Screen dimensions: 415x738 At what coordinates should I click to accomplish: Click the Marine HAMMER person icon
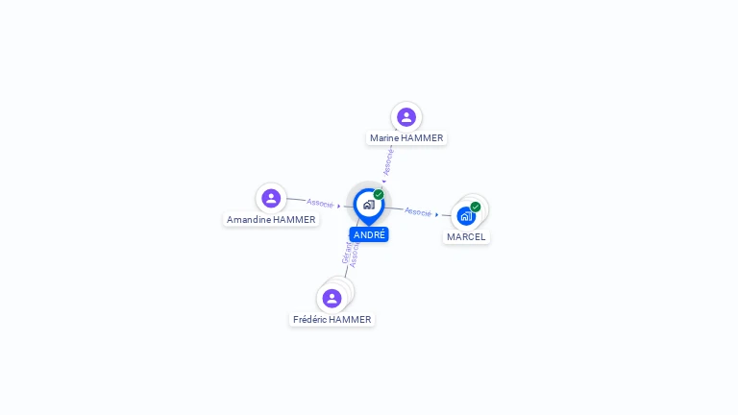(x=406, y=117)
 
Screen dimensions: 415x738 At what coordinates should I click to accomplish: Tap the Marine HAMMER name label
(x=406, y=138)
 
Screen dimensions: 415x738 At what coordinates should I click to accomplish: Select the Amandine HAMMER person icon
(x=271, y=199)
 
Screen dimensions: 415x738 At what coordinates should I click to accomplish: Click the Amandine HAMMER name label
(x=271, y=220)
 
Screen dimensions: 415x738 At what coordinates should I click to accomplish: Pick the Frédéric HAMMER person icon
(x=332, y=298)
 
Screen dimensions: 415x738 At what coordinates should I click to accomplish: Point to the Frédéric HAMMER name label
(x=332, y=320)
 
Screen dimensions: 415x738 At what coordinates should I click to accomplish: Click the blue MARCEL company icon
(x=466, y=216)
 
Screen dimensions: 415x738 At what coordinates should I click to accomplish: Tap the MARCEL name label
(x=466, y=237)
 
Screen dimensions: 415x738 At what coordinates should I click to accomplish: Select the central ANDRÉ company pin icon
(x=368, y=205)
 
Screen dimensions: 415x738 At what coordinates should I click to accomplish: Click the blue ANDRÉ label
(x=369, y=234)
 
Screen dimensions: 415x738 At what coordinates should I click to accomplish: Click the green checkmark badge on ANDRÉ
(x=379, y=195)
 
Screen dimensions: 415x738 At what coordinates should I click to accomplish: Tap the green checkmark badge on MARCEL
(x=476, y=207)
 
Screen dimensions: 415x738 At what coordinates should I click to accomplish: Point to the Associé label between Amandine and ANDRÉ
(x=320, y=203)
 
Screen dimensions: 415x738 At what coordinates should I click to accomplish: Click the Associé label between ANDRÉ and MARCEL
(x=418, y=211)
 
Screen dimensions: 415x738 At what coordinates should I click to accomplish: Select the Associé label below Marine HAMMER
(x=388, y=160)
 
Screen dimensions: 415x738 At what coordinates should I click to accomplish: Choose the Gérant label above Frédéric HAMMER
(x=346, y=253)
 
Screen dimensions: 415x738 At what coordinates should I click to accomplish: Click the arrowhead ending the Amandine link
(x=339, y=206)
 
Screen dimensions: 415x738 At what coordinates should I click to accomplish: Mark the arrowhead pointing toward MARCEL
(x=438, y=214)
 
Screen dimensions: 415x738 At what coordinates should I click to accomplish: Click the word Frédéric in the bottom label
(x=310, y=320)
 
